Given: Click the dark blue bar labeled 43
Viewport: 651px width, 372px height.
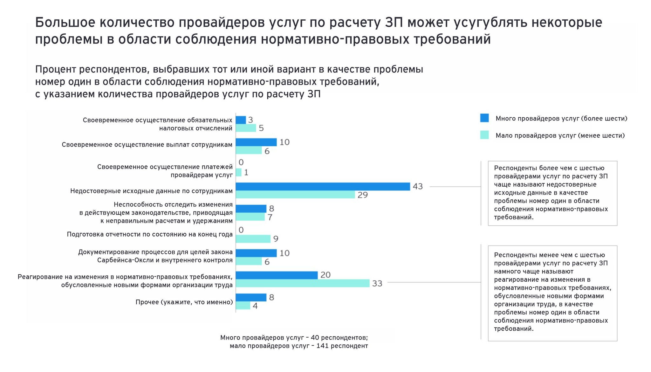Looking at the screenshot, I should pos(323,186).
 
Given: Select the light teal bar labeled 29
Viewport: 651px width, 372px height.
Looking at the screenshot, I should pos(295,195).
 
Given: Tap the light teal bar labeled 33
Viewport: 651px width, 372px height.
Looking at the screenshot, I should pos(302,283).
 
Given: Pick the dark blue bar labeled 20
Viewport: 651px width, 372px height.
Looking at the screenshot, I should pos(277,275).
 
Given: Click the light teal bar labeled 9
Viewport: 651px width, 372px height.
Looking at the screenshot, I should pos(253,239).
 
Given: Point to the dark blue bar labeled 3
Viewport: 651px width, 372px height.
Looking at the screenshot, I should pos(241,120).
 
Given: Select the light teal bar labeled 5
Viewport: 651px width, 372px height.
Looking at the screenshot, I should pos(246,128).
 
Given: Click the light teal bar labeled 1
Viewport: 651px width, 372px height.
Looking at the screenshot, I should pos(238,172).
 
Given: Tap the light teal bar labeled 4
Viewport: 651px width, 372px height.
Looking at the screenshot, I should pos(243,306).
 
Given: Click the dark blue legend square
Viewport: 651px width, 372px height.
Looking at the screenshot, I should pos(484,118).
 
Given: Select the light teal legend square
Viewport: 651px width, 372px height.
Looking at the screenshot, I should pos(484,135).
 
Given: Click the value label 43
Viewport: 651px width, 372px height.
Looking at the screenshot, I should pos(418,186).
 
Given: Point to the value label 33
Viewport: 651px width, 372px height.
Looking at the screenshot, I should pos(377,283).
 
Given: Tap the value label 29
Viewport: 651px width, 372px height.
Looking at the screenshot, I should pos(362,195).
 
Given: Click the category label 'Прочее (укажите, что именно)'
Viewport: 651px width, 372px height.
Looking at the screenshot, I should pos(184,302).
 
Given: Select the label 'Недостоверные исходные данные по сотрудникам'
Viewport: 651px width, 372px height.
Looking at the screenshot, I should pos(151,191).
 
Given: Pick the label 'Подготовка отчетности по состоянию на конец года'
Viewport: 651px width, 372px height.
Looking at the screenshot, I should pos(150,234).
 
